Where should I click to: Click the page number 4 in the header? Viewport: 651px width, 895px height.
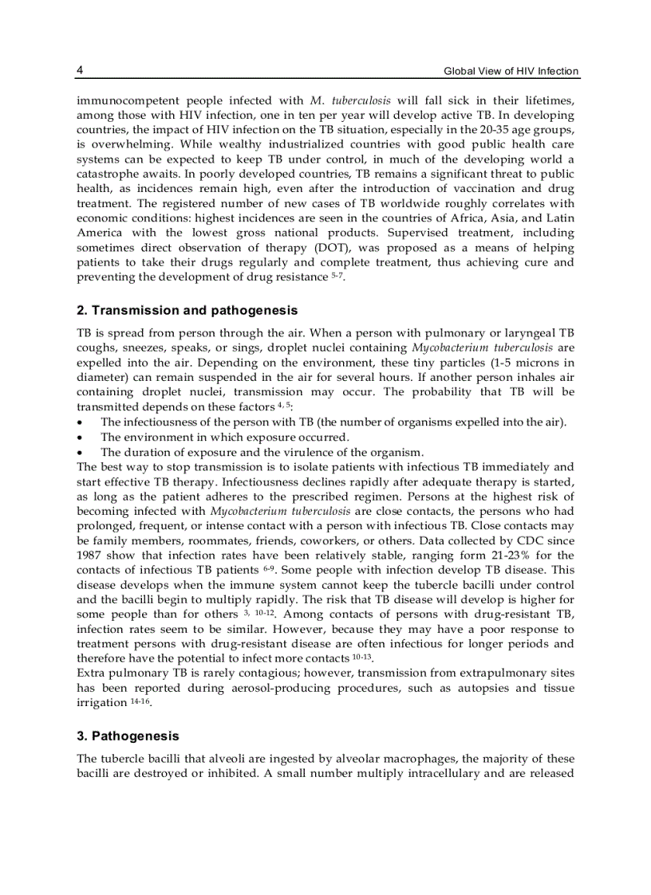pyautogui.click(x=80, y=71)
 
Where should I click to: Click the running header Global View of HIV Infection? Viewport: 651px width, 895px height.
pyautogui.click(x=511, y=72)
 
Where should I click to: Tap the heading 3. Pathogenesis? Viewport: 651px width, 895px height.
pyautogui.click(x=128, y=736)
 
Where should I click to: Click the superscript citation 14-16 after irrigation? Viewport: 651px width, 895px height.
pyautogui.click(x=140, y=701)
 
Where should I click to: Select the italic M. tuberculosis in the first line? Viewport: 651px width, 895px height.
pyautogui.click(x=349, y=101)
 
